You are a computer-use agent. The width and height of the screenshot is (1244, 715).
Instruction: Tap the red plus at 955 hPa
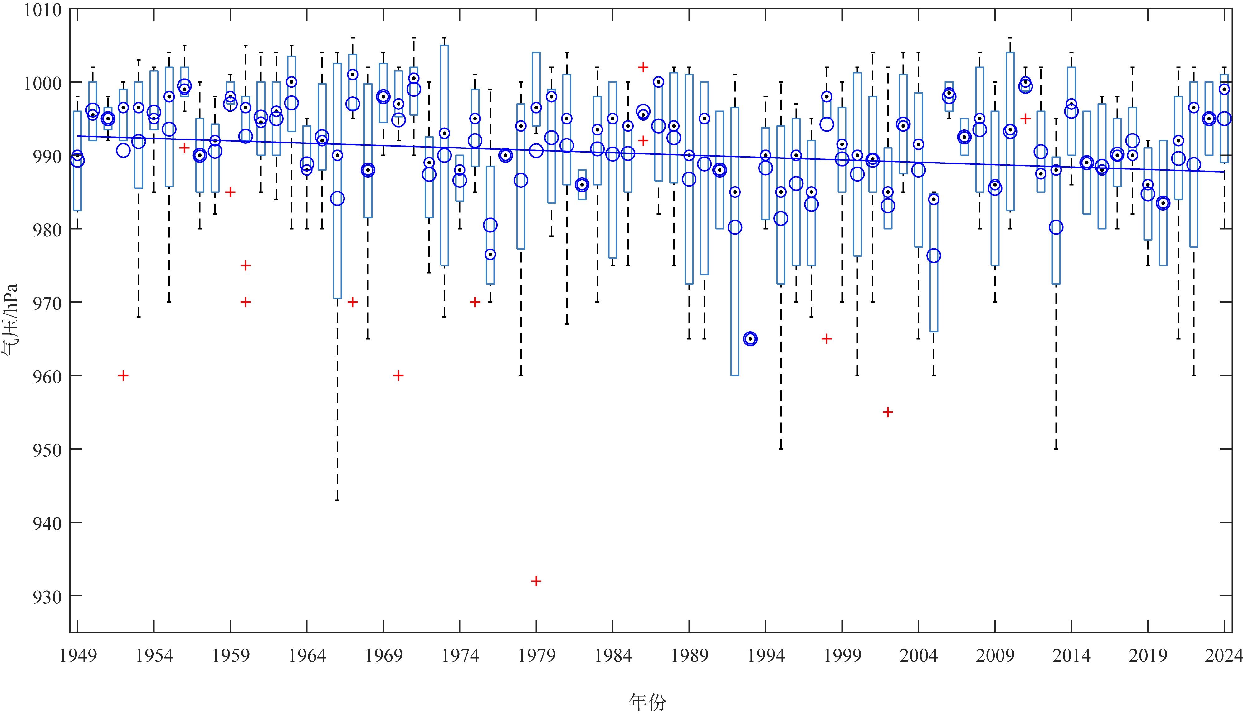[887, 412]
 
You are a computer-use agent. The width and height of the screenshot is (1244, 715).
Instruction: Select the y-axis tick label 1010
[43, 10]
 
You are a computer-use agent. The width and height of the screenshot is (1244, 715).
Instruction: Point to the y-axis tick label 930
[47, 597]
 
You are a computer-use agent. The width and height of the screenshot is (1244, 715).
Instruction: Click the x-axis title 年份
[647, 701]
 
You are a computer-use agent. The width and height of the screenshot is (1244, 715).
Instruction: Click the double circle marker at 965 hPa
[750, 339]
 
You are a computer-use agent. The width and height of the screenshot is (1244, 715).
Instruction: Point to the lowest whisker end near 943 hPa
[337, 500]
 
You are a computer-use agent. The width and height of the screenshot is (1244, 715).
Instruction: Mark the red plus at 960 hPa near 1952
[123, 376]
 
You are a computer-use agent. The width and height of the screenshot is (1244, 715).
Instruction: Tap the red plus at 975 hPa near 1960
[246, 265]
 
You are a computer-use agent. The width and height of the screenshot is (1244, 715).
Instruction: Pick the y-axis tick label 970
[47, 303]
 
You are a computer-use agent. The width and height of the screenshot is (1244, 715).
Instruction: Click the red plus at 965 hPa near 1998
[827, 339]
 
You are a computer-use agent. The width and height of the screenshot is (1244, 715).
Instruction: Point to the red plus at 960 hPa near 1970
[398, 376]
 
